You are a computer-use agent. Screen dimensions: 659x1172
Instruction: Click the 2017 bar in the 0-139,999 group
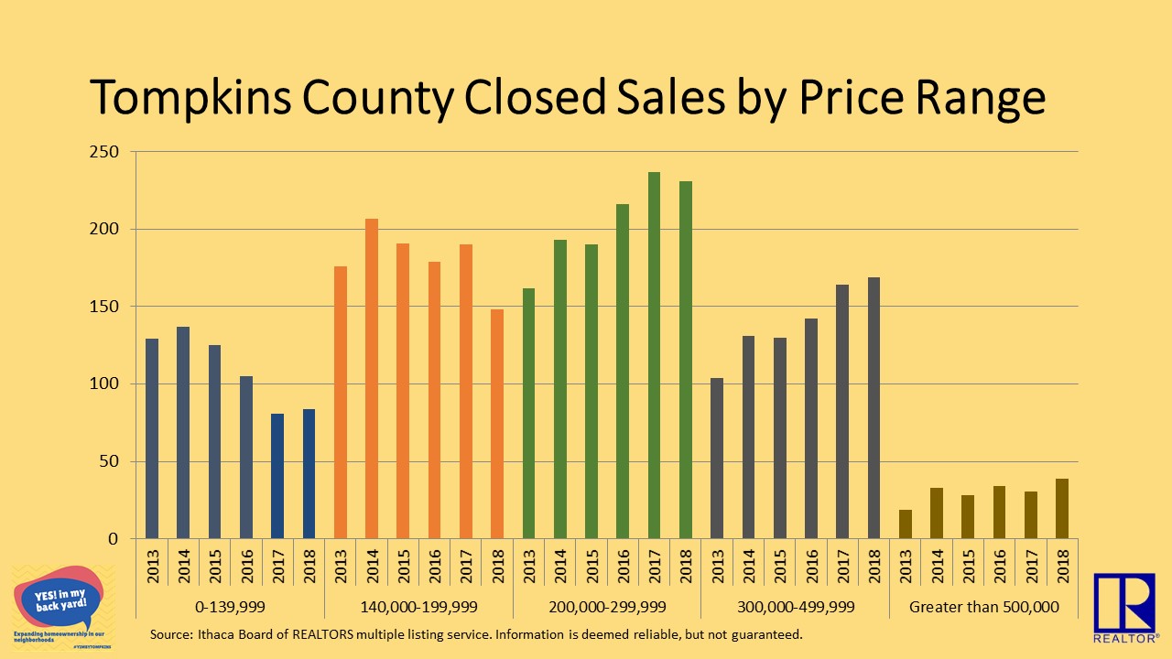pyautogui.click(x=277, y=476)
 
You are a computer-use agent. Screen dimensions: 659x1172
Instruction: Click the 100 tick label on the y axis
pyautogui.click(x=106, y=384)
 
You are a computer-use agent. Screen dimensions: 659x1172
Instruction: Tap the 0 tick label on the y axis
pyautogui.click(x=114, y=539)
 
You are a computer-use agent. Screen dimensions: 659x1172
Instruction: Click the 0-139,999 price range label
pyautogui.click(x=230, y=607)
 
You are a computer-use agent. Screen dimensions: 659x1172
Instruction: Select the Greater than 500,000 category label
pyautogui.click(x=983, y=607)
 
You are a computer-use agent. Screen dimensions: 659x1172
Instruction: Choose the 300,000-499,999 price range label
pyautogui.click(x=795, y=607)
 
